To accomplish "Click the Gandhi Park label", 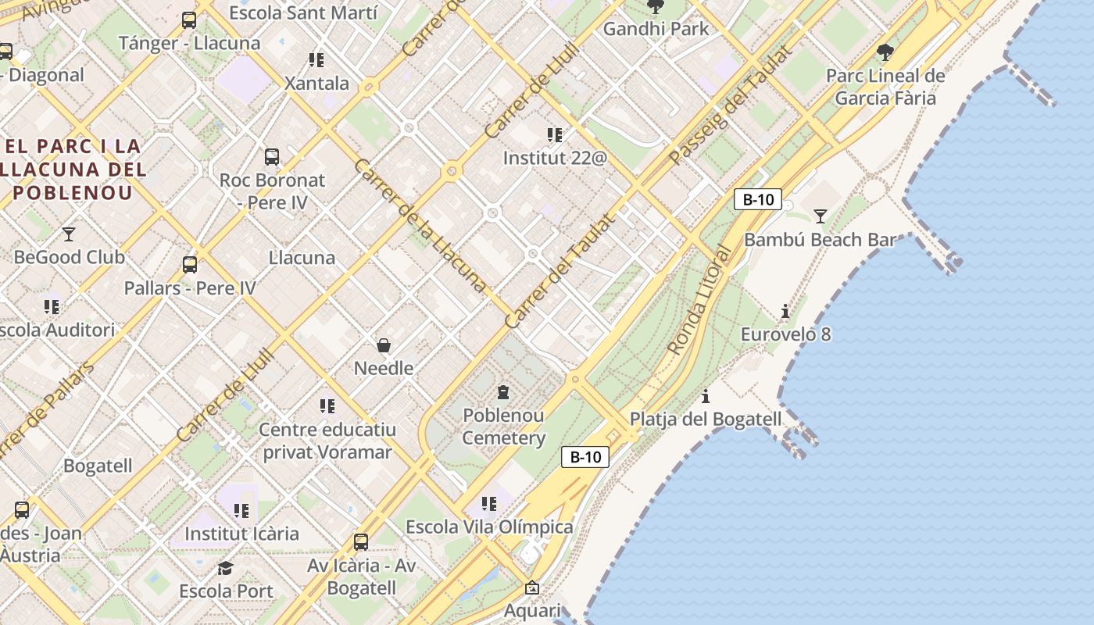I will point(656,29).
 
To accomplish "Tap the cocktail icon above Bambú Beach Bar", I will point(820,216).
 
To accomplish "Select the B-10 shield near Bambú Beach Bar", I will point(757,199).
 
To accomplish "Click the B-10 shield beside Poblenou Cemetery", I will point(585,457).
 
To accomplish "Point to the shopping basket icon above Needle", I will point(384,345).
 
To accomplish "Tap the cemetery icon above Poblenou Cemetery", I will point(503,391).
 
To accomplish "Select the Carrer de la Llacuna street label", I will point(420,225).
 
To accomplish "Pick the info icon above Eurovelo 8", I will point(785,311).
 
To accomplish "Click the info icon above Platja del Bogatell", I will point(706,396).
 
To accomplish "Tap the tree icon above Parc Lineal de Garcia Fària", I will point(885,52).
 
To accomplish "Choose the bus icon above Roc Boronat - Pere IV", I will point(271,157).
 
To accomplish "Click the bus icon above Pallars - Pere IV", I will point(190,265).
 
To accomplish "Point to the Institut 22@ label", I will point(555,158).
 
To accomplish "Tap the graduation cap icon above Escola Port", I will point(226,568).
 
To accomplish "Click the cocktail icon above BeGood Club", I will point(69,234).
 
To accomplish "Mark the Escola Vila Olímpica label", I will point(489,527).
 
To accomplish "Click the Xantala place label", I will point(316,84).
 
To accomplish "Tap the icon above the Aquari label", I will point(532,587).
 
